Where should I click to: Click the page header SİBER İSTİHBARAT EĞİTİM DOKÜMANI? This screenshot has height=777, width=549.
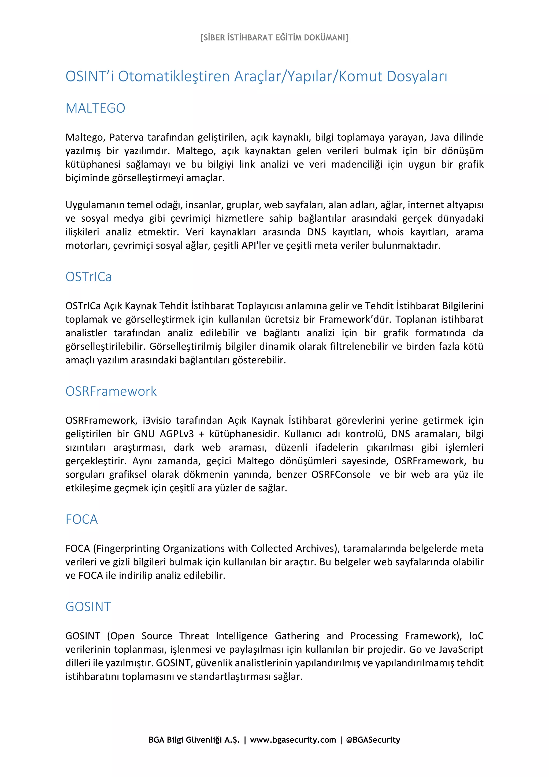pyautogui.click(x=274, y=37)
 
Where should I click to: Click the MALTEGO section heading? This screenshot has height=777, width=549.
pyautogui.click(x=95, y=108)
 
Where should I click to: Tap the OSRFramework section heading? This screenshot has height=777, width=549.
pyautogui.click(x=111, y=391)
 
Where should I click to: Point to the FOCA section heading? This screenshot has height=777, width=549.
pyautogui.click(x=81, y=519)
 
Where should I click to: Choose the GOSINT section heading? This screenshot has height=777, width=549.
pyautogui.click(x=88, y=606)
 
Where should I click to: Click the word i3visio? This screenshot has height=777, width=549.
pyautogui.click(x=157, y=421)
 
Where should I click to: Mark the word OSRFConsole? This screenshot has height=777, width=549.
pyautogui.click(x=341, y=475)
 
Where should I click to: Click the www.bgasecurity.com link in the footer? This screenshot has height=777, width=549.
pyautogui.click(x=293, y=740)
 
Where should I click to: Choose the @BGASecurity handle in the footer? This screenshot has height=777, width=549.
pyautogui.click(x=373, y=740)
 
